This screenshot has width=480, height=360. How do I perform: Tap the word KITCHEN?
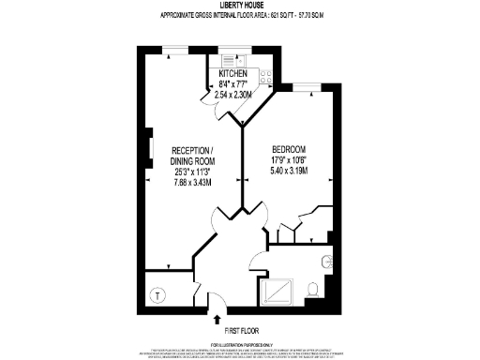click(233, 74)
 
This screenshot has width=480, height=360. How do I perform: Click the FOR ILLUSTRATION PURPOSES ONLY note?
click(239, 345)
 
